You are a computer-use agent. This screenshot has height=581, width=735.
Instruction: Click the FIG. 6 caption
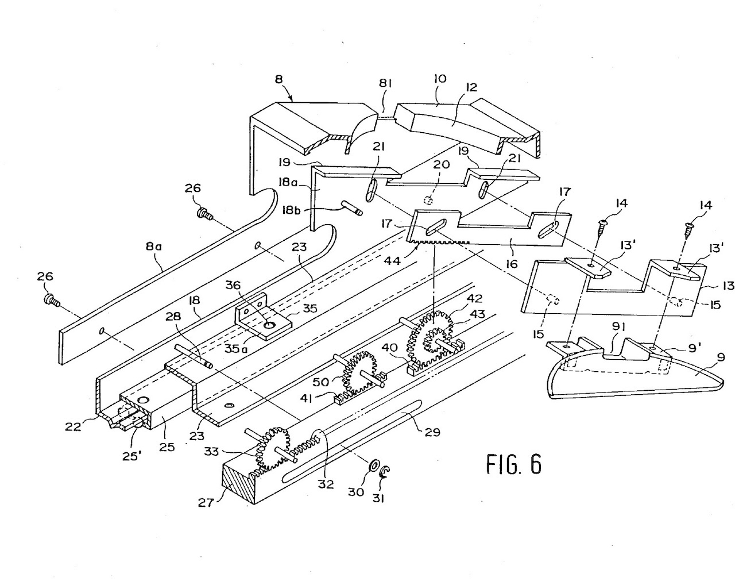point(514,464)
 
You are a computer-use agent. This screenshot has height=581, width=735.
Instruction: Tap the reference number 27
point(206,503)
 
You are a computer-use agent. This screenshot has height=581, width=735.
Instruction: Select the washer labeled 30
point(373,465)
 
